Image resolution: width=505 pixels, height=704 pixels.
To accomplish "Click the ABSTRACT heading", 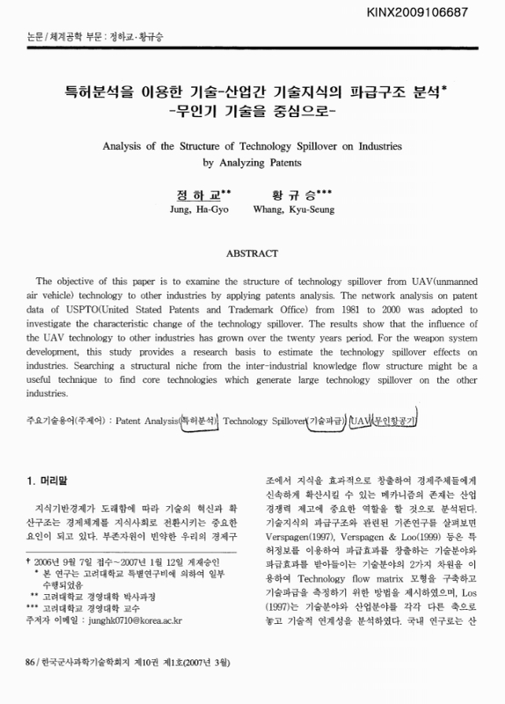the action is [x=252, y=252].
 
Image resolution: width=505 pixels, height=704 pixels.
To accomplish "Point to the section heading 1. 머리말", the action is [x=43, y=480].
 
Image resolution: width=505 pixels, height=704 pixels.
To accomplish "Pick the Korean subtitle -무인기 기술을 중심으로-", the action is [x=252, y=112].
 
